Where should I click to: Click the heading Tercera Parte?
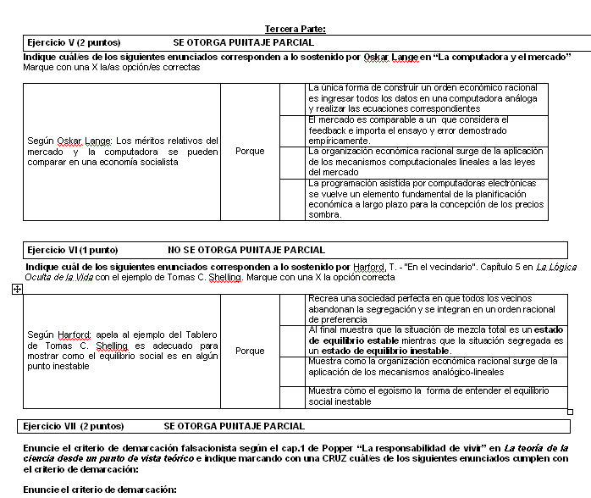coord(295,29)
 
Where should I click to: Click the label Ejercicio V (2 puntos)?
coord(74,41)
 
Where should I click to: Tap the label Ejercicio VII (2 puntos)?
coord(75,425)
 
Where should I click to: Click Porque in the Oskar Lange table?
coord(250,152)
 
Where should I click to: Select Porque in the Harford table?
coord(250,351)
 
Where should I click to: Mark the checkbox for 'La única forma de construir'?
coord(292,98)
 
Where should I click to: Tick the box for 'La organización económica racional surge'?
coord(292,162)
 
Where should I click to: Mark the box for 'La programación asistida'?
coord(292,199)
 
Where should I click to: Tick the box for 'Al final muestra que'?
coord(292,340)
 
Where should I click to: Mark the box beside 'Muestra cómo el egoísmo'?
coord(292,396)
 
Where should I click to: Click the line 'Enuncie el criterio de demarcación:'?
coord(100,490)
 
